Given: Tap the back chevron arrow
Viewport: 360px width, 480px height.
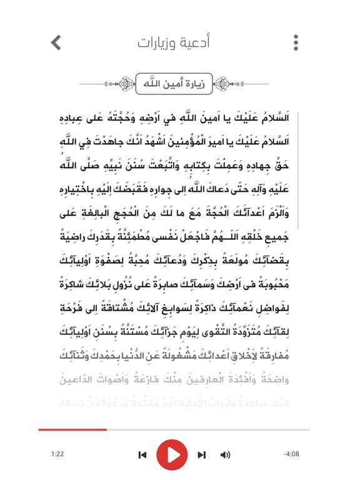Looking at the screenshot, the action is coord(56,42).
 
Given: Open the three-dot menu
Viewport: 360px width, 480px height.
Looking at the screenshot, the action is coord(296,42).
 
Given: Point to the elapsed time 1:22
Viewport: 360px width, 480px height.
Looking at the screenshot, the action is coord(57,452).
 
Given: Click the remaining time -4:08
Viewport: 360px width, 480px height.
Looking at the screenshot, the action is coord(291,452).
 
